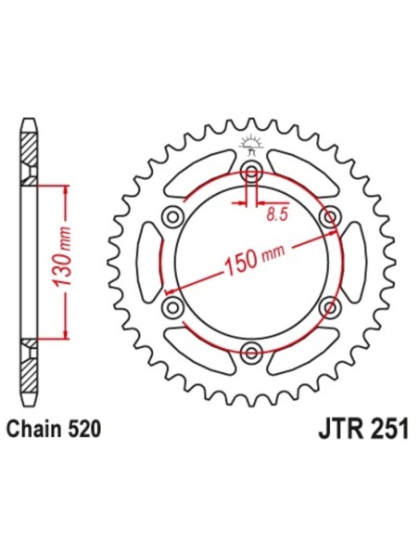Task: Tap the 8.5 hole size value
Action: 274,215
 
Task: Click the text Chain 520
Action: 54,429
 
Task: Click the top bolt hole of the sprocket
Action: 249,171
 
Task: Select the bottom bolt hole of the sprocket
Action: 249,349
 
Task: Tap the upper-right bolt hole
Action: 326,216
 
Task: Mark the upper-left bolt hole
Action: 171,216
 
